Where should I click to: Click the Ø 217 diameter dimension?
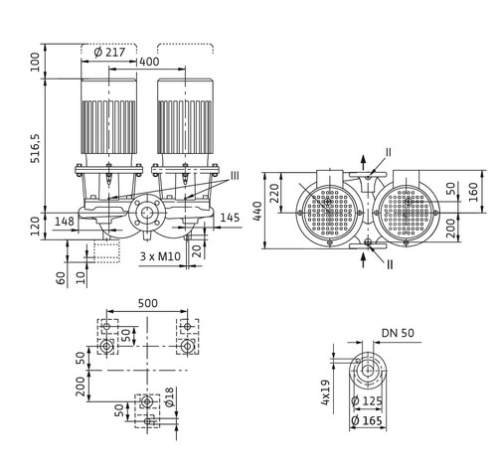(109, 53)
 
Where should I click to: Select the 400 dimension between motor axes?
(149, 62)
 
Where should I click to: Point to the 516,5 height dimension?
(35, 148)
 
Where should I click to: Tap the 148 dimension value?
(65, 222)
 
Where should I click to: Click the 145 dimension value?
(230, 218)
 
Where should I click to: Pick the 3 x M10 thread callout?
(160, 256)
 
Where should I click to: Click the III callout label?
(235, 176)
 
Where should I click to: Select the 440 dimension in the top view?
(257, 211)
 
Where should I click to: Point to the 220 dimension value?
(274, 193)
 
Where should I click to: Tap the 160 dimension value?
(473, 192)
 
